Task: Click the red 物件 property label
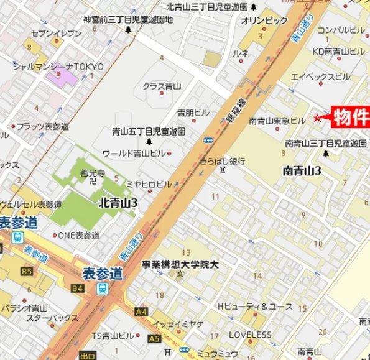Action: click(x=352, y=116)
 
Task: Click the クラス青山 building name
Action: click(x=161, y=86)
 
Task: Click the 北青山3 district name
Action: click(x=118, y=203)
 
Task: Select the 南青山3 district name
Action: click(x=302, y=170)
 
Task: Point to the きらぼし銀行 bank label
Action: click(x=222, y=160)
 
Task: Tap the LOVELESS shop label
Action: click(x=249, y=335)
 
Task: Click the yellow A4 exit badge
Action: click(x=141, y=311)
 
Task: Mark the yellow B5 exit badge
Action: click(x=26, y=272)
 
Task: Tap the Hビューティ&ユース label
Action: click(x=255, y=306)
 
